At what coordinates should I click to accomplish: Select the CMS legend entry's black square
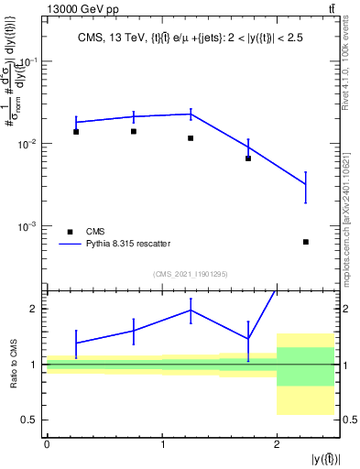point(69,231)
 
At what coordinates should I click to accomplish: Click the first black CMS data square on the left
point(76,132)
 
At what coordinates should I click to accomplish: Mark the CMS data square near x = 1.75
point(248,158)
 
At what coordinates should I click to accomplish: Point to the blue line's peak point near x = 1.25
point(191,114)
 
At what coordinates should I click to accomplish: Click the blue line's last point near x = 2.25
point(306,185)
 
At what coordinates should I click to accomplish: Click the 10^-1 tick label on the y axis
point(30,62)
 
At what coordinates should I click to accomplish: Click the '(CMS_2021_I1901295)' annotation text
point(191,274)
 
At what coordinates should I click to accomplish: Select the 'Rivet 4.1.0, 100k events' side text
point(353,69)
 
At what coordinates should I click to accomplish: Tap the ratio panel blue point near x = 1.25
point(191,310)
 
